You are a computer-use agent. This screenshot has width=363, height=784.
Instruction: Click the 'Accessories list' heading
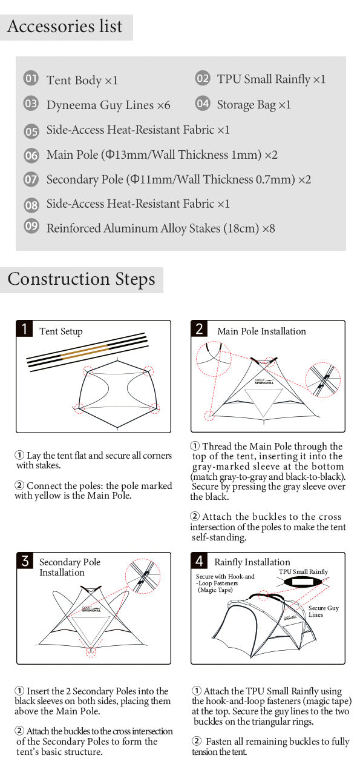65,27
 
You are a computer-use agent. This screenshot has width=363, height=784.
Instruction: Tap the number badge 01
31,79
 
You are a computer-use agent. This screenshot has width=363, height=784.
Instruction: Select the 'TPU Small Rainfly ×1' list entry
271,79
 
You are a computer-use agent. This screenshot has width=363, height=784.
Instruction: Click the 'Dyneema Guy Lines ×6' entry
108,105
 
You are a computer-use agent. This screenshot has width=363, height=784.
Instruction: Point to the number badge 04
203,104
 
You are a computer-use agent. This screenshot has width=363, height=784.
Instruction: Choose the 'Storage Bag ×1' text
253,105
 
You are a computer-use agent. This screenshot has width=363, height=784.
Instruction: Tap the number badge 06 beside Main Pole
31,155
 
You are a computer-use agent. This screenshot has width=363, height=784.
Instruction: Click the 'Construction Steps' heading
81,279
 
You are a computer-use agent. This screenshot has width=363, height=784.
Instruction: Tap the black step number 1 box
24,329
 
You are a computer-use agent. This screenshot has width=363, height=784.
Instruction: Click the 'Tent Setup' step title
60,331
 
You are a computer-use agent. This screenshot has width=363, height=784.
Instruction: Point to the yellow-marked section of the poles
85,351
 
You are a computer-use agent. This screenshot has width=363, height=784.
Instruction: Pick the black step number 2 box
200,329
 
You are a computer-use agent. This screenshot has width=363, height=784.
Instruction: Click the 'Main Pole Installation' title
261,331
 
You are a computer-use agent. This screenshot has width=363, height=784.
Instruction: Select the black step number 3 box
25,560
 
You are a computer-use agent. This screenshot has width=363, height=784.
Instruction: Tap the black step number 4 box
200,560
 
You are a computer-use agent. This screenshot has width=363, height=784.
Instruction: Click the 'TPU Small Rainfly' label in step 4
303,571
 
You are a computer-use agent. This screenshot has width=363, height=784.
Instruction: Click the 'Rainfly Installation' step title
252,562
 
